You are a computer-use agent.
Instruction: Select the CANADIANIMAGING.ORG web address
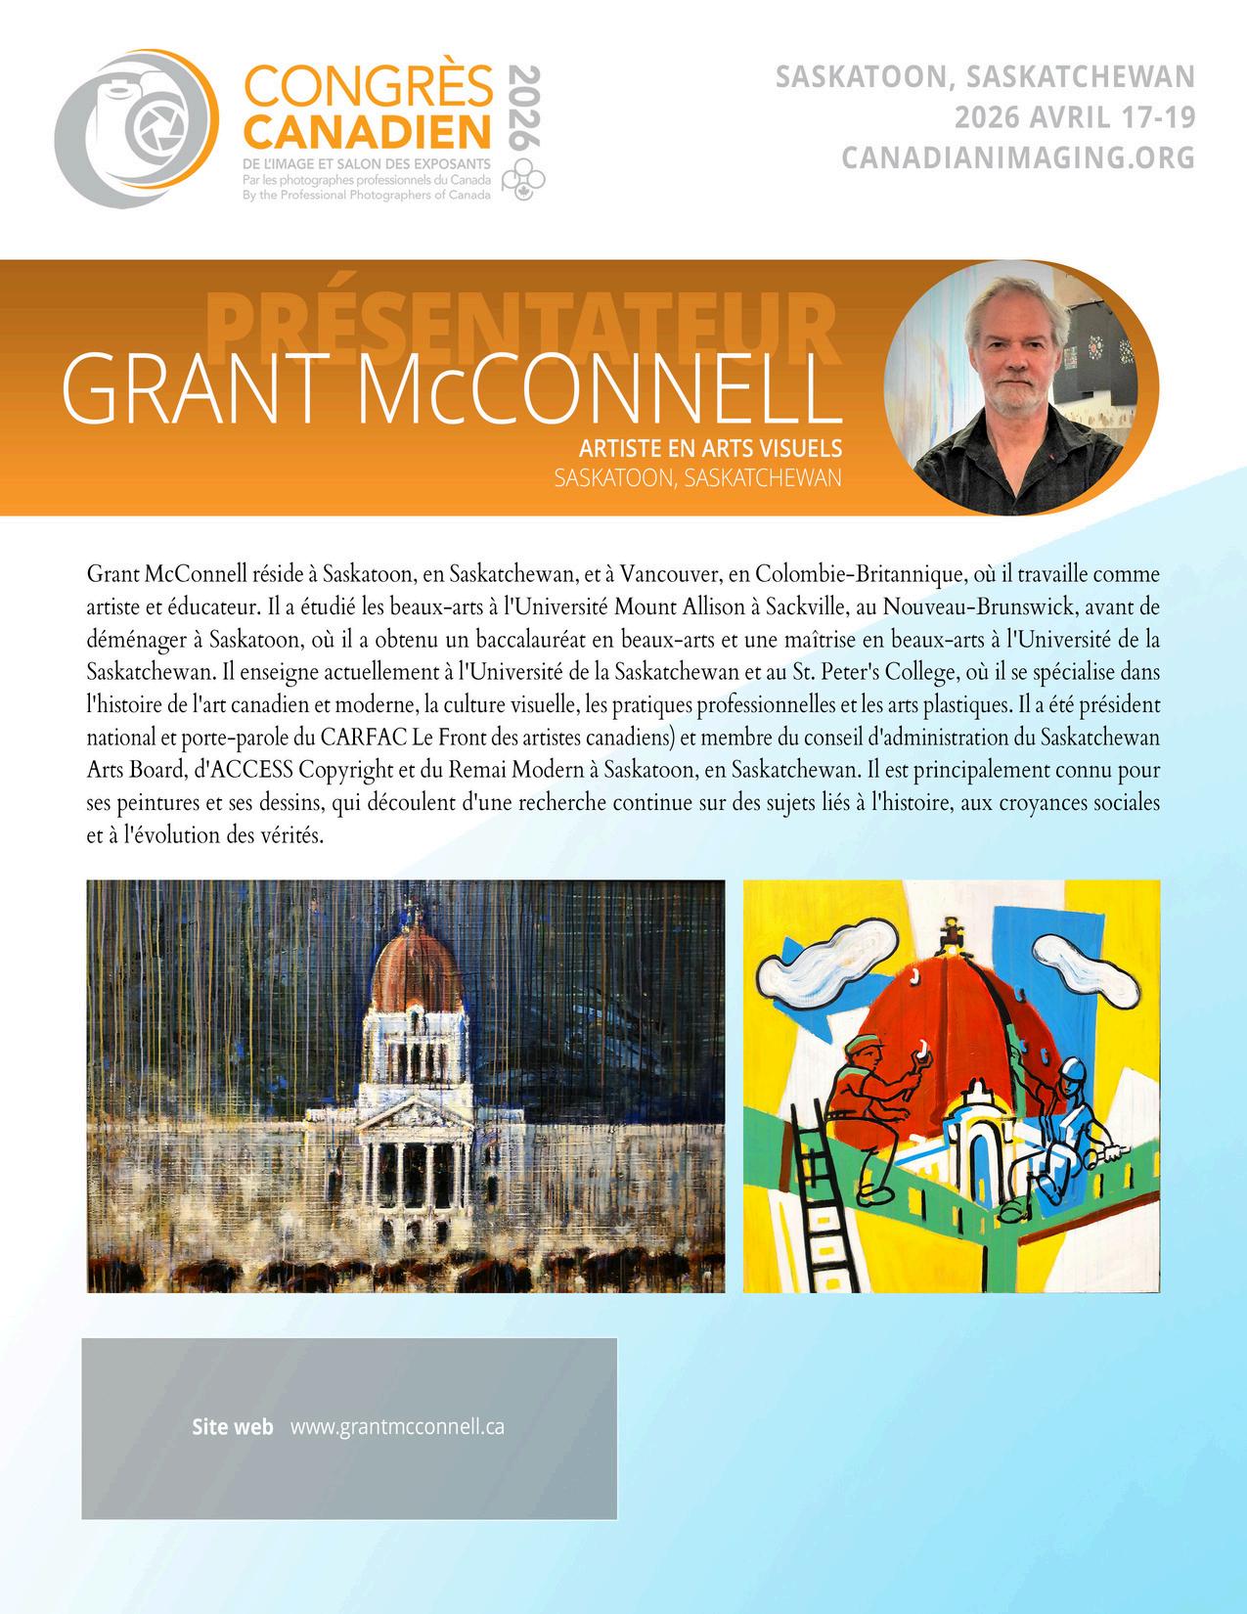(x=1019, y=157)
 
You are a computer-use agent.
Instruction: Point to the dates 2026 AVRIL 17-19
(x=1075, y=117)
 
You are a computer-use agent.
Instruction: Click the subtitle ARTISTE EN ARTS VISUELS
(x=710, y=448)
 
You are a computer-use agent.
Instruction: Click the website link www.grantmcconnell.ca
(x=397, y=1426)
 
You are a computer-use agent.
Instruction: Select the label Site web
(x=233, y=1426)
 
